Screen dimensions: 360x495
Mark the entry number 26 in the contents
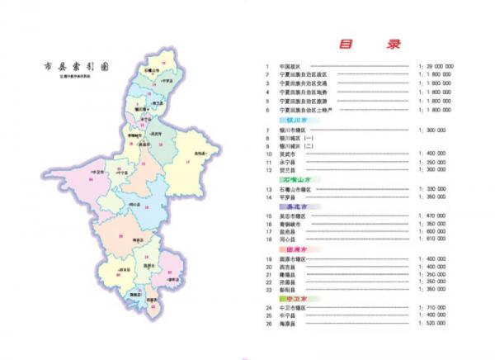click(269, 324)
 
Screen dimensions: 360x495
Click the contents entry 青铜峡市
click(290, 224)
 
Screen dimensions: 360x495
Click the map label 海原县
click(136, 239)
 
